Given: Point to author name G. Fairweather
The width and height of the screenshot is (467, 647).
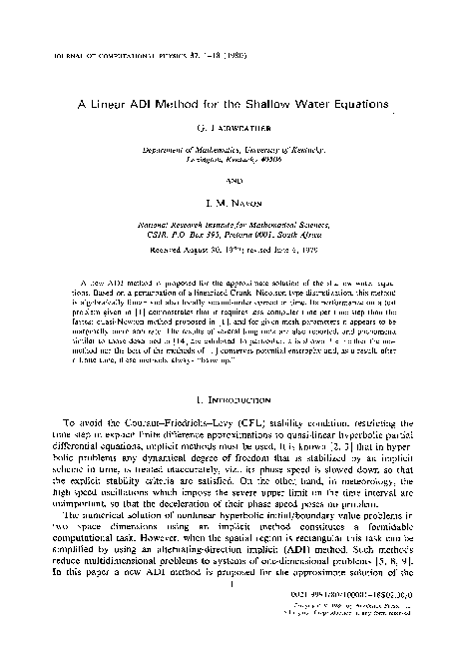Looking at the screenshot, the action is tap(232, 129).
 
